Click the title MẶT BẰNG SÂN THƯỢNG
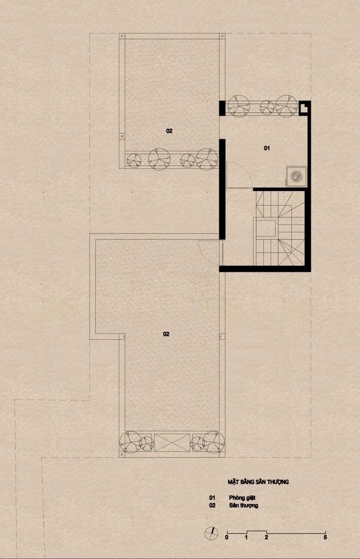pos(258,482)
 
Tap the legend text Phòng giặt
pos(242,498)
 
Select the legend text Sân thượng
pos(243,505)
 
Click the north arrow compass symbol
pos(211,533)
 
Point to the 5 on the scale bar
pos(325,537)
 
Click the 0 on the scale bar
pos(227,537)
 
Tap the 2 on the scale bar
pos(266,537)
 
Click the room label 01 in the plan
pos(267,148)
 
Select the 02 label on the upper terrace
pos(169,131)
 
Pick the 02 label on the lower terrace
pos(166,334)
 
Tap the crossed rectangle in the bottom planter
pos(172,443)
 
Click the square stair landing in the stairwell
pos(266,229)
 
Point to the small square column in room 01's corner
pos(304,108)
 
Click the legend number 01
pos(212,498)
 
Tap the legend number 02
pos(212,505)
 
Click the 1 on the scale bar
pos(247,537)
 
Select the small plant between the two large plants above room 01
pos(267,107)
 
